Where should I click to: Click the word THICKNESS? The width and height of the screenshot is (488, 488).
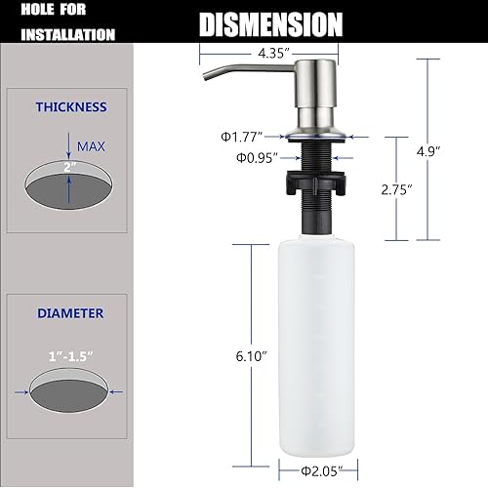click(x=71, y=107)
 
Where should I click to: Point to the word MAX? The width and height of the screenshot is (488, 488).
click(x=94, y=147)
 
